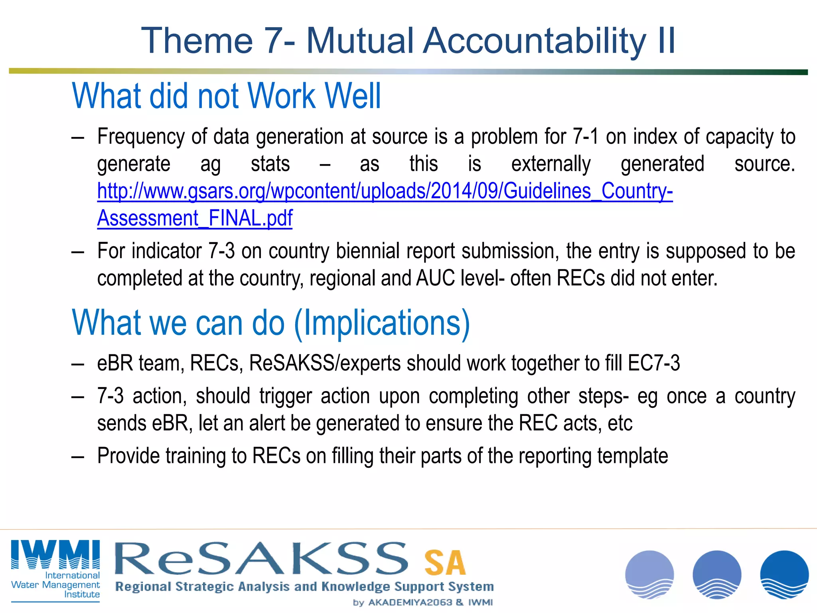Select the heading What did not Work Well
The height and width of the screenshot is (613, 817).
pyautogui.click(x=226, y=96)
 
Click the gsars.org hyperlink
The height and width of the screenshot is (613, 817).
pyautogui.click(x=385, y=191)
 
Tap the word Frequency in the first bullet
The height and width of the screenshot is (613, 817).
pyautogui.click(x=141, y=137)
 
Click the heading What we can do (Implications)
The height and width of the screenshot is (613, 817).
pyautogui.click(x=271, y=323)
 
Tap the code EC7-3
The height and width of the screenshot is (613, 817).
pyautogui.click(x=653, y=364)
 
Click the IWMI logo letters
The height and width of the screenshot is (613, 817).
pyautogui.click(x=55, y=555)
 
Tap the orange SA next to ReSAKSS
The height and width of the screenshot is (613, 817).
pyautogui.click(x=445, y=563)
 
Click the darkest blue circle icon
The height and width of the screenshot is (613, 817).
pyautogui.click(x=784, y=574)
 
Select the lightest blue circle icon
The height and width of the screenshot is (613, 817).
pyautogui.click(x=649, y=574)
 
